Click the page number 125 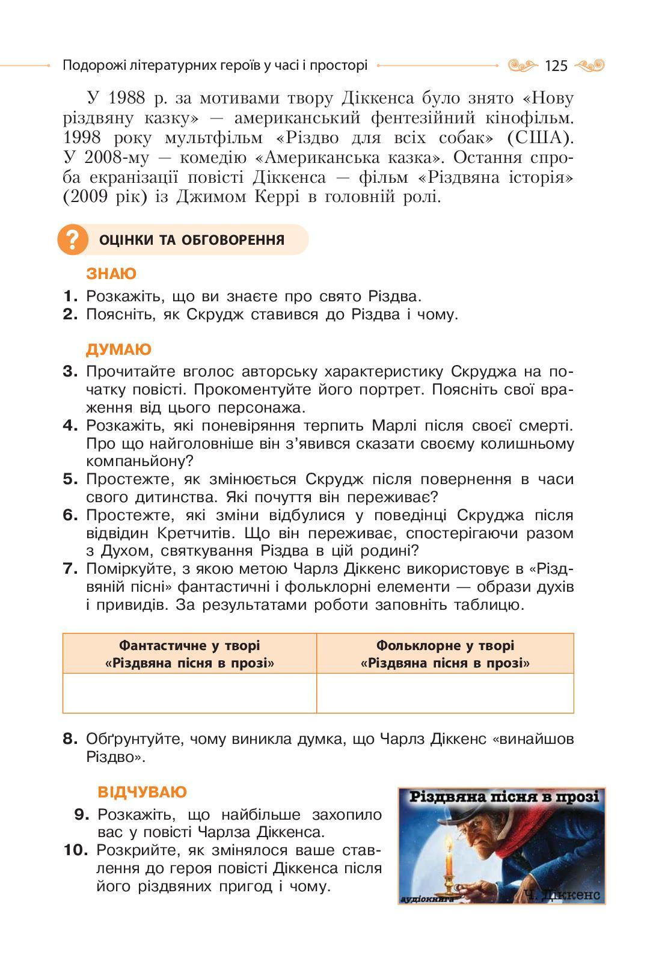click(556, 66)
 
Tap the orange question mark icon click(72, 240)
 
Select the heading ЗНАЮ click(111, 274)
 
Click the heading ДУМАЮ click(118, 350)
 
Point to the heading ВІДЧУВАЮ click(142, 792)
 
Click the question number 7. click(70, 569)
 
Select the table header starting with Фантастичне click(189, 654)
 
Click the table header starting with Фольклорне click(445, 654)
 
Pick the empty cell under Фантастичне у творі click(189, 693)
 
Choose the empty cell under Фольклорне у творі click(445, 693)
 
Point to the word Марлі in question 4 click(395, 426)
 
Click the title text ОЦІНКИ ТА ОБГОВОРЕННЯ click(191, 241)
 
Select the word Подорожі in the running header click(92, 66)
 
